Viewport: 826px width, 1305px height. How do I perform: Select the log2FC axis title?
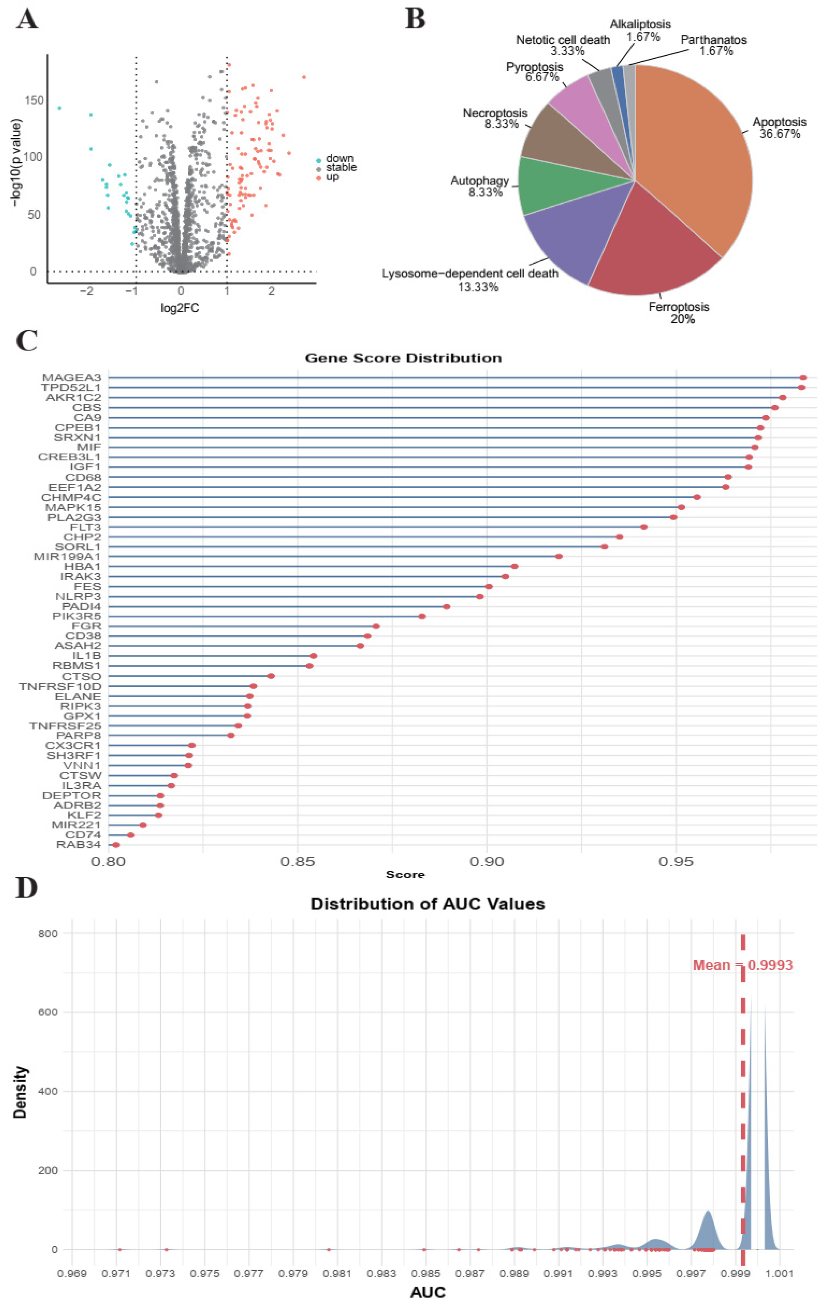click(x=180, y=308)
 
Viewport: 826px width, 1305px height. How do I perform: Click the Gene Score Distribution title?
click(x=403, y=358)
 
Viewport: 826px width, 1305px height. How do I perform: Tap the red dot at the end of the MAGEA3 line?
click(x=803, y=378)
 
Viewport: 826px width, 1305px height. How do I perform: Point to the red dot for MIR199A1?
click(x=559, y=556)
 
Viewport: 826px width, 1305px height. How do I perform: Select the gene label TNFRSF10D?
click(x=60, y=686)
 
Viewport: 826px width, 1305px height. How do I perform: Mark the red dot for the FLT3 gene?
click(x=644, y=527)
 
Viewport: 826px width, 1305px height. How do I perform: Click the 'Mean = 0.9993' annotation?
click(x=743, y=965)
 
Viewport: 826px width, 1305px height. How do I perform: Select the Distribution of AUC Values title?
click(x=428, y=904)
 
